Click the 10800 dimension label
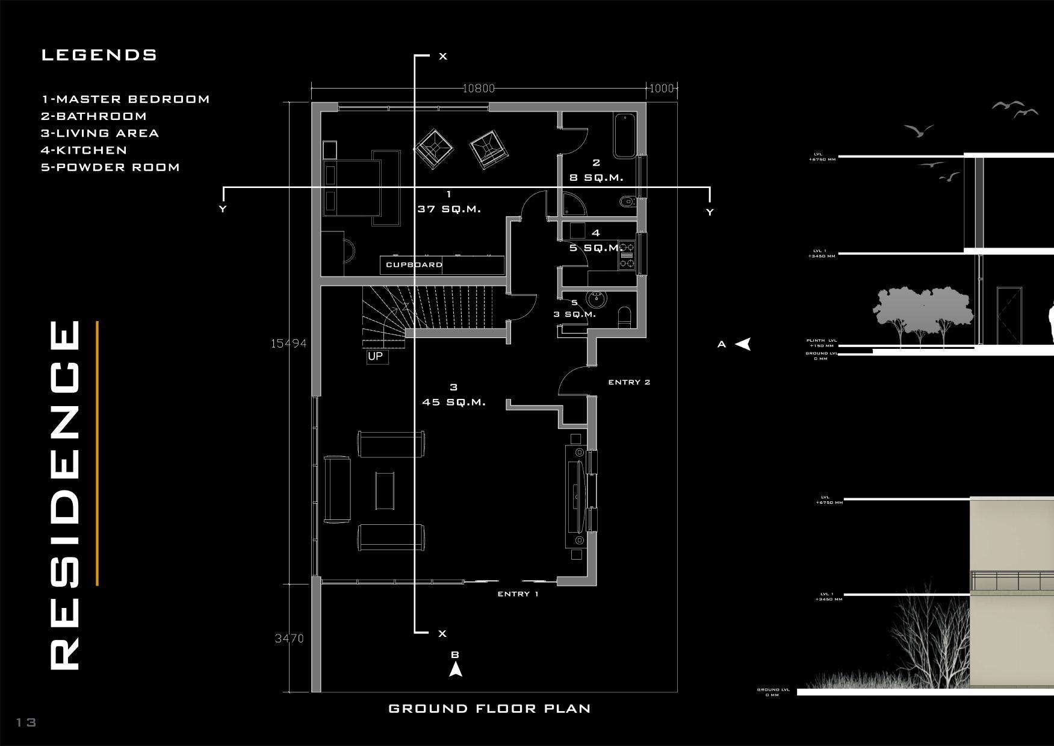coord(479,89)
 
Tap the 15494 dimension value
coord(288,343)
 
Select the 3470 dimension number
coord(289,638)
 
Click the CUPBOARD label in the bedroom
coord(414,265)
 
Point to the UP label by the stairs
coord(375,356)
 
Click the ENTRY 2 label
coord(629,382)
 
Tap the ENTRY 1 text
coord(518,594)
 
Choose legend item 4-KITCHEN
coord(84,150)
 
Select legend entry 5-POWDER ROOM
coord(111,167)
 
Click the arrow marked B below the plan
coord(456,669)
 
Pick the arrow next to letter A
coord(743,344)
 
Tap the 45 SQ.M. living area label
coord(454,402)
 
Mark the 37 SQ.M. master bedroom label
coord(449,209)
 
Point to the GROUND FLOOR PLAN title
coord(489,709)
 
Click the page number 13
coord(26,722)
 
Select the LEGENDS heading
coord(99,55)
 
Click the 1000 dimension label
coord(662,89)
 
